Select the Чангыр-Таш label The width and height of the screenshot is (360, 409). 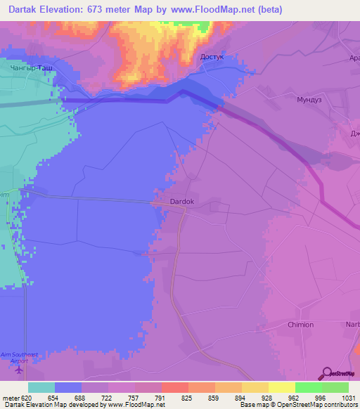[32, 69]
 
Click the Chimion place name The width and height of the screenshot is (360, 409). [300, 325]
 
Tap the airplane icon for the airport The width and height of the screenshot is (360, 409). [18, 370]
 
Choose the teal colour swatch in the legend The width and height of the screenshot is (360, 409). [41, 387]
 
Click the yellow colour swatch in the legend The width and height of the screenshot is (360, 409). [281, 387]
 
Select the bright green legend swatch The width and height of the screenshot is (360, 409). [308, 387]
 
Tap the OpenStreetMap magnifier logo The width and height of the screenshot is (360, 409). [326, 373]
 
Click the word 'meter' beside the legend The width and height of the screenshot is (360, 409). [11, 398]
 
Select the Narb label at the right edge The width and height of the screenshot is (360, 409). [352, 325]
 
